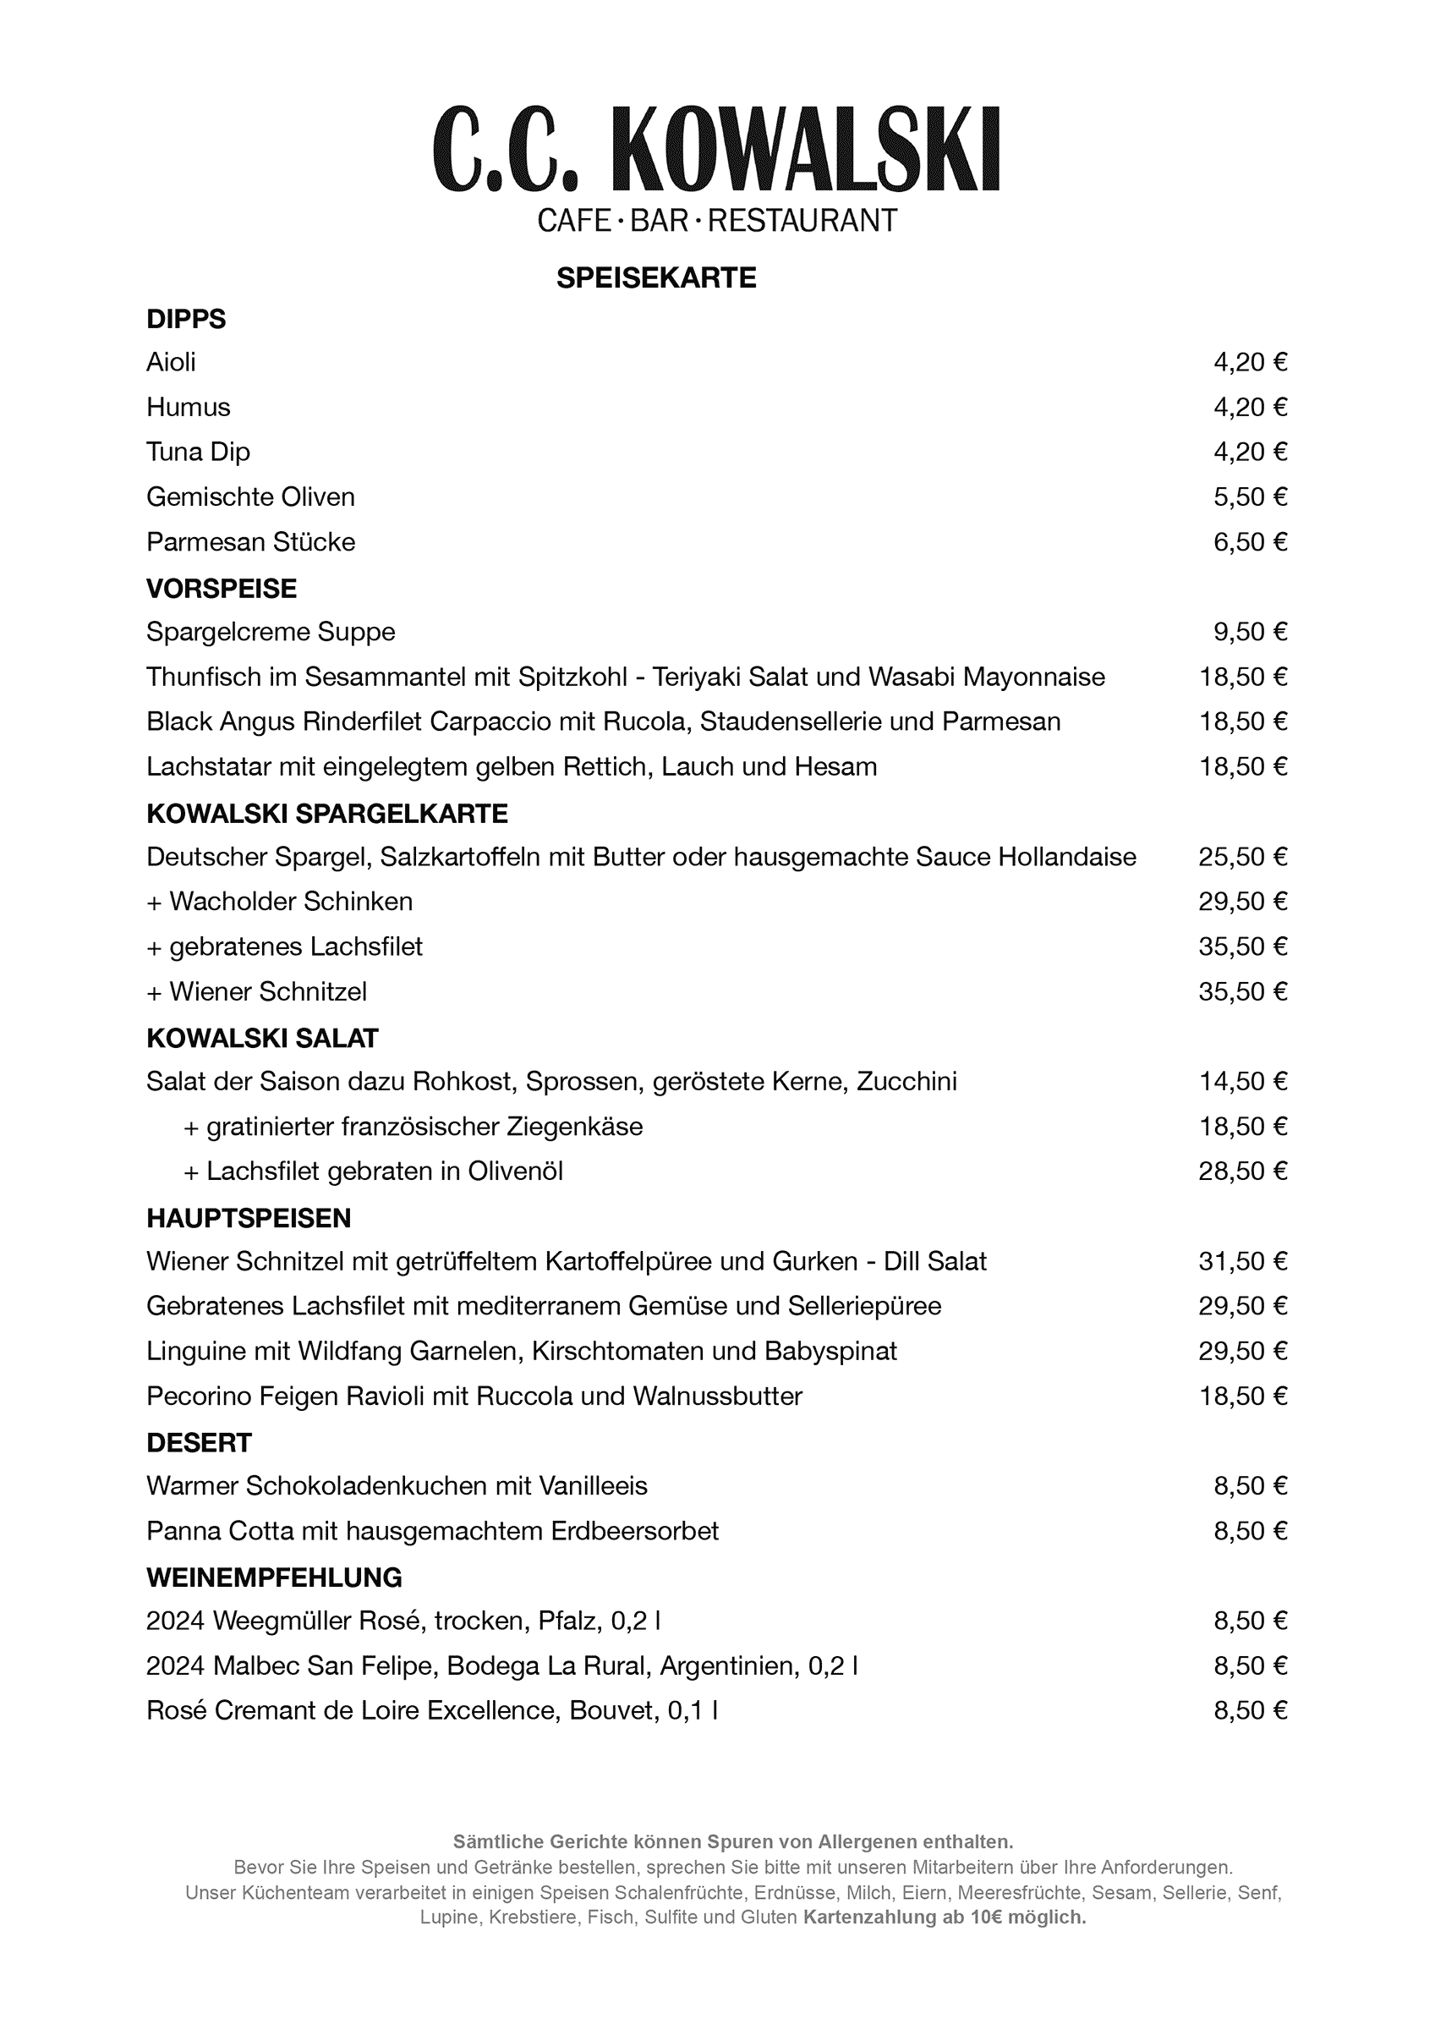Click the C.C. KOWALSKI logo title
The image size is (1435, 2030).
coord(716,149)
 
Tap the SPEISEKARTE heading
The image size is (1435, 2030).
coord(656,278)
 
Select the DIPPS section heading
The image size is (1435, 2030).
coord(186,319)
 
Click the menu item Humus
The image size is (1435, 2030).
coord(189,408)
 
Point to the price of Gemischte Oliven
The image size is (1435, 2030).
coord(1249,497)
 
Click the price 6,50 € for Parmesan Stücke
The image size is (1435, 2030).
coord(1249,542)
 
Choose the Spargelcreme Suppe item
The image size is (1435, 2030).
coord(271,632)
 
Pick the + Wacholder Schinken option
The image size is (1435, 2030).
coord(279,902)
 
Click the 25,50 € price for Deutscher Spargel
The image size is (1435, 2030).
coord(1242,857)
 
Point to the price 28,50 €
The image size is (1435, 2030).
coord(1242,1171)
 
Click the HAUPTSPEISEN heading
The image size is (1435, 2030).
coord(249,1218)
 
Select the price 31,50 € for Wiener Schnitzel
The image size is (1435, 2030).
coord(1242,1262)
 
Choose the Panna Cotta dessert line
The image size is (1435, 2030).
coord(432,1531)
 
